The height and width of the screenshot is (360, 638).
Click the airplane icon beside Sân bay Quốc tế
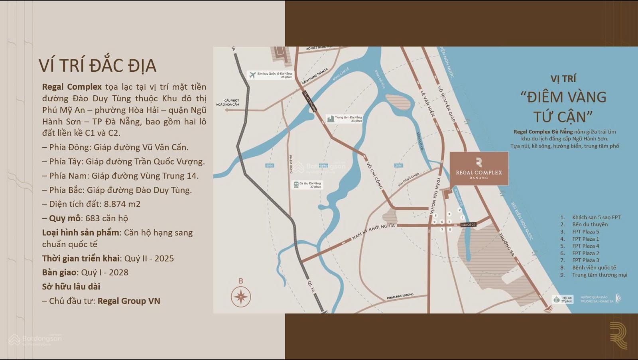tap(252, 75)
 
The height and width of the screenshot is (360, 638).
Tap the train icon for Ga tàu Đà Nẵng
tap(296, 185)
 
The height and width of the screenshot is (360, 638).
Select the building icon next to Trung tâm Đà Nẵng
tap(330, 119)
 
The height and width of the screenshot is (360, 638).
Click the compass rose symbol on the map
tap(241, 297)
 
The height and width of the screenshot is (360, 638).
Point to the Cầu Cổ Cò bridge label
tap(468, 225)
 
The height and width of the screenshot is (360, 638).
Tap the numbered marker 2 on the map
tap(460, 210)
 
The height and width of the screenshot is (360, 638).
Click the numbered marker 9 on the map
tap(434, 222)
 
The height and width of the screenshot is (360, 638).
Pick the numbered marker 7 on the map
tap(442, 229)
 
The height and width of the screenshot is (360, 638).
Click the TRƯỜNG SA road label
tap(506, 245)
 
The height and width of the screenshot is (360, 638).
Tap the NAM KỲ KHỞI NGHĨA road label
tap(373, 232)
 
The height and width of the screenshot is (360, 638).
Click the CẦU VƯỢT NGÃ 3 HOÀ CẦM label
tap(228, 102)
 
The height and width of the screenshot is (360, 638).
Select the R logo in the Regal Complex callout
tap(479, 162)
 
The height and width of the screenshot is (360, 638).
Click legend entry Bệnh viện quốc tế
tap(594, 268)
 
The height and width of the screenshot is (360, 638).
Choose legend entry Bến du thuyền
tap(590, 224)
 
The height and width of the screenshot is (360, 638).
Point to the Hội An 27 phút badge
tap(563, 299)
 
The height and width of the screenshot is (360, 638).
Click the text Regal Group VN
tap(129, 301)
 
